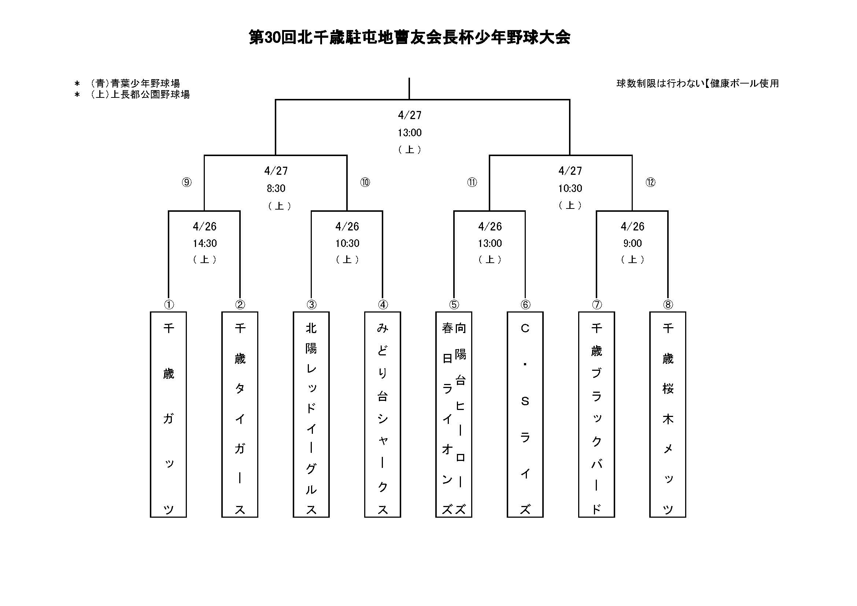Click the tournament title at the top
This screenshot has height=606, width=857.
tap(410, 38)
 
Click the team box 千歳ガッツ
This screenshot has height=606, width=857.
tap(168, 415)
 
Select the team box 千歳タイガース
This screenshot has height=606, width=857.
tap(240, 415)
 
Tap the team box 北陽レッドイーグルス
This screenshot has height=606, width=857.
tap(311, 415)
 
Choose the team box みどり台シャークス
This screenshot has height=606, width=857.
tap(383, 415)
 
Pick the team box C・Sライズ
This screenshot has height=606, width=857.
tap(525, 415)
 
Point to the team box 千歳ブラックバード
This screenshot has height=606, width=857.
tap(596, 415)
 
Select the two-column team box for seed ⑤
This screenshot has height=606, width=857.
tap(454, 415)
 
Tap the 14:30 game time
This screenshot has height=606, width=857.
tap(204, 243)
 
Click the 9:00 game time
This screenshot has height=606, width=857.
tap(632, 243)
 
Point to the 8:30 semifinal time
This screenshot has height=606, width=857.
tap(276, 188)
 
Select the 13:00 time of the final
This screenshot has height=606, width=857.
tap(410, 133)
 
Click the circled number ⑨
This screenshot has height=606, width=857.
tap(186, 182)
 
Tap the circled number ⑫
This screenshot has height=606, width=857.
tap(651, 182)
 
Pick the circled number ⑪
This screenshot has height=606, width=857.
tap(472, 182)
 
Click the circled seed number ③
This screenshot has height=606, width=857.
tap(311, 305)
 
